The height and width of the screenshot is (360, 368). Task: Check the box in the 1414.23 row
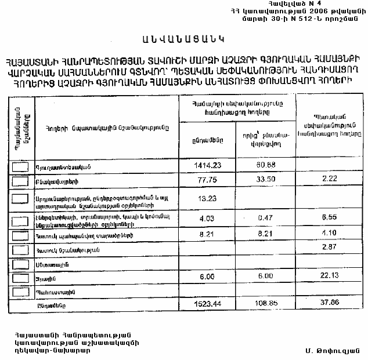click(x=20, y=166)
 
